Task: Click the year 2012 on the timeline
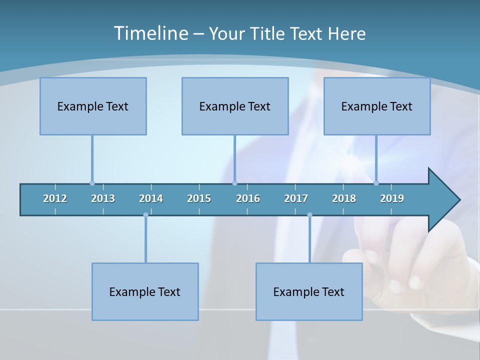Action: [55, 198]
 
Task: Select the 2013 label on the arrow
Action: [103, 198]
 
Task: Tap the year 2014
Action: [151, 198]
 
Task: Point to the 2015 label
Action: [199, 198]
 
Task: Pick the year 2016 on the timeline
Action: [248, 198]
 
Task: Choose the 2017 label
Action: [296, 198]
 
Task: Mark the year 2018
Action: [344, 198]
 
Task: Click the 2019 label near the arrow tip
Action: [392, 198]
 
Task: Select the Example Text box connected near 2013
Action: [93, 106]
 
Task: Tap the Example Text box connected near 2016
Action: [235, 106]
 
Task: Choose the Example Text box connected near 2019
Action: [377, 106]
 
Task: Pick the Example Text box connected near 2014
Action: [145, 291]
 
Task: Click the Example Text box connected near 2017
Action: [309, 291]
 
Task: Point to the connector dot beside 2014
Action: [145, 215]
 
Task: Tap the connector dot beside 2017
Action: [309, 215]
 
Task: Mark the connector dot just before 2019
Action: [376, 183]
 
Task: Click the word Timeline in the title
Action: [151, 33]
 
